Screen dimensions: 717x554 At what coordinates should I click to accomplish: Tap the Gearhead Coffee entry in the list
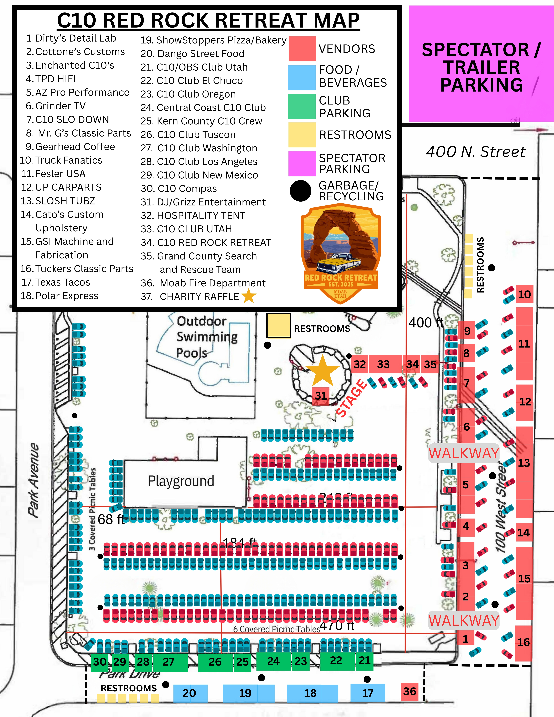click(x=75, y=146)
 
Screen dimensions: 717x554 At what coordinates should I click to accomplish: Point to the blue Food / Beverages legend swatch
click(x=302, y=77)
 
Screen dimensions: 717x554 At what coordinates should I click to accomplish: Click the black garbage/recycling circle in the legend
click(x=300, y=191)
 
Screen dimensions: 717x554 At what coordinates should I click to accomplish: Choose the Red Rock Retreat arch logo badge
click(x=341, y=253)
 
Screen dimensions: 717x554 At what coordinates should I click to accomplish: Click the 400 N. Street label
click(x=476, y=152)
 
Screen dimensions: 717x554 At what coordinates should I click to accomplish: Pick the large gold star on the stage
click(x=323, y=370)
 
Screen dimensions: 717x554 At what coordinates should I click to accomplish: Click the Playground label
click(x=181, y=481)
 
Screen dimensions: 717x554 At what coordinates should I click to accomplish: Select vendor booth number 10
click(x=524, y=294)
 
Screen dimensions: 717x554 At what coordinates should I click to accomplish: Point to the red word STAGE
click(x=351, y=398)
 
